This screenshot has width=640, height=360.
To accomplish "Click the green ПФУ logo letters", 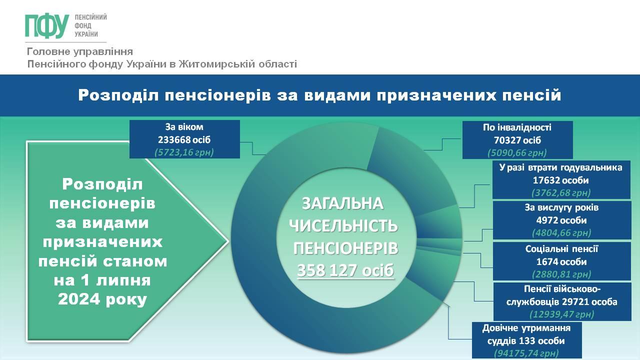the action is (x=47, y=26).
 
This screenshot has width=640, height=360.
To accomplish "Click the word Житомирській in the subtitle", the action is (x=216, y=64).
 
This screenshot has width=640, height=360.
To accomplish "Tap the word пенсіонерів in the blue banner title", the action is (x=217, y=95).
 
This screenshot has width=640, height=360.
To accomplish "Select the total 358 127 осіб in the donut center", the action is (x=345, y=270).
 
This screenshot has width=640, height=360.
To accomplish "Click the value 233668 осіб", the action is (x=184, y=139).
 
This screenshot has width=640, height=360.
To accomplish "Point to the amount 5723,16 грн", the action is (x=184, y=152).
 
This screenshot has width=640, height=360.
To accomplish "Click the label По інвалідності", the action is (x=517, y=127).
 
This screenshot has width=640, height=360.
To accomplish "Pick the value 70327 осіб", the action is (x=517, y=140).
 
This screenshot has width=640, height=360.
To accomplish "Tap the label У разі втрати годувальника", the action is (x=561, y=167).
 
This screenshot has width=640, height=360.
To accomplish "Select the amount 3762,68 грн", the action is (x=561, y=193).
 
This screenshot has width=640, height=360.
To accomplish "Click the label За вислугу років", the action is (x=561, y=207).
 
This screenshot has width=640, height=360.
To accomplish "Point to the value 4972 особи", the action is (x=561, y=220).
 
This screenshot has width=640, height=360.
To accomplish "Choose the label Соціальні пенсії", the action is (x=561, y=249).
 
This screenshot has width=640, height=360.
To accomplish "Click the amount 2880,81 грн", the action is (x=561, y=274).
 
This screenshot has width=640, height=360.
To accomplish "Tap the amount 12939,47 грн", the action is (x=562, y=314).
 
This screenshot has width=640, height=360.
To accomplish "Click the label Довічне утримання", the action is (x=526, y=328).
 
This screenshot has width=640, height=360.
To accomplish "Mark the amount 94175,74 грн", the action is (x=526, y=353).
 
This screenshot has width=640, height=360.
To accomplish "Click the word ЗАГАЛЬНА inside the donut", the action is (x=342, y=204).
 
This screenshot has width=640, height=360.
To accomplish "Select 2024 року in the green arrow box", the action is (x=102, y=299).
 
